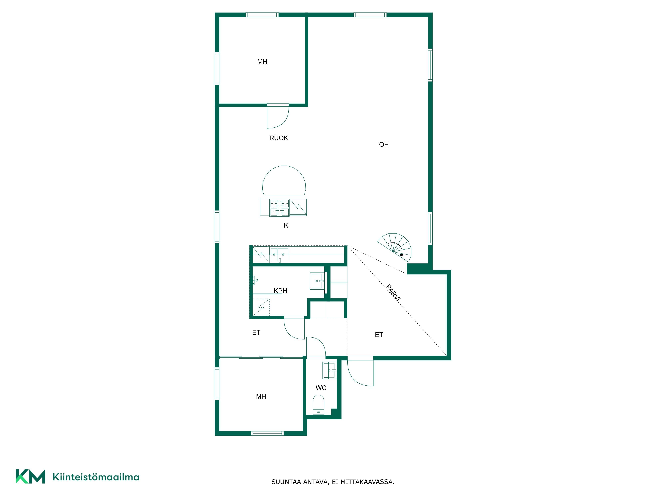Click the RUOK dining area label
279,138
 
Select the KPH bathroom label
280,291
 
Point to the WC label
321,388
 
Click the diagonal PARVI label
393,293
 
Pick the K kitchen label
286,225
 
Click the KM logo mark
30,476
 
